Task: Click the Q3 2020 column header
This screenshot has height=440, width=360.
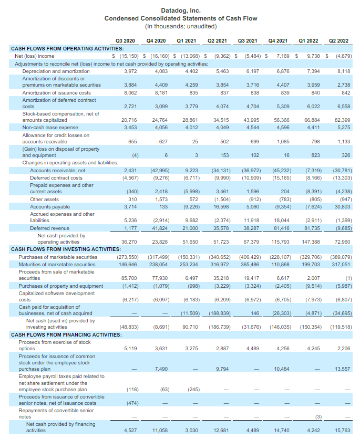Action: (x=126, y=40)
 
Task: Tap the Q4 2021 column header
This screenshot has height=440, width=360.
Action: (x=278, y=40)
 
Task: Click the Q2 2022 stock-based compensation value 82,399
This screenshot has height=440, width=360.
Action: (x=342, y=120)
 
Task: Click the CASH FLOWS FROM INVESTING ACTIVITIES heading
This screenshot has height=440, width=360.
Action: (x=66, y=249)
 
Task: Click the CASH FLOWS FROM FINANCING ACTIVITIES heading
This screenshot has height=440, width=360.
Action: (x=66, y=334)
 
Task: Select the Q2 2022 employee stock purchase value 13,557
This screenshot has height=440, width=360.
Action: (x=342, y=369)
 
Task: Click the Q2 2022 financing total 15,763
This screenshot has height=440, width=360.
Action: (x=342, y=430)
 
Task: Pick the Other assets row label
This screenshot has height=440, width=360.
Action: (x=45, y=200)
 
